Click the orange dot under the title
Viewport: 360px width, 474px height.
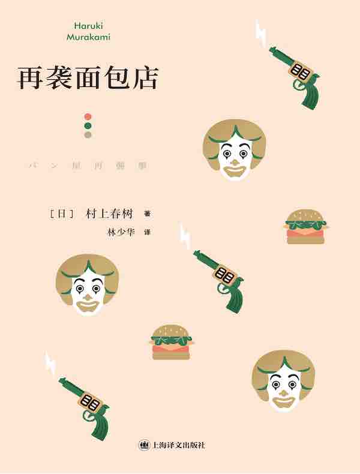[x=88, y=115]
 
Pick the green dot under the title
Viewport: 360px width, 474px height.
[x=88, y=125]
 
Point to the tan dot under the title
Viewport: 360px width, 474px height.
[x=88, y=136]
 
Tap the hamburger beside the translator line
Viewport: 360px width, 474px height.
[x=305, y=227]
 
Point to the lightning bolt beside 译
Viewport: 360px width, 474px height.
[x=186, y=236]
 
